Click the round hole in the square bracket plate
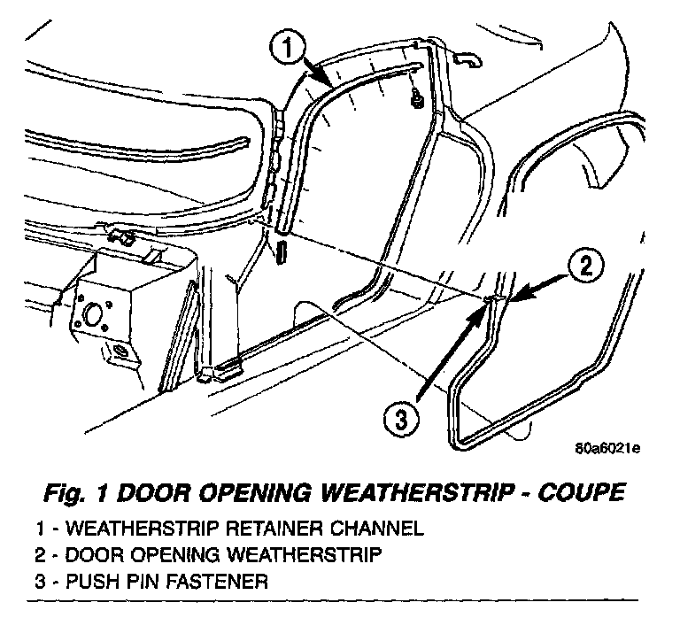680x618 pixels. pos(93,314)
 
